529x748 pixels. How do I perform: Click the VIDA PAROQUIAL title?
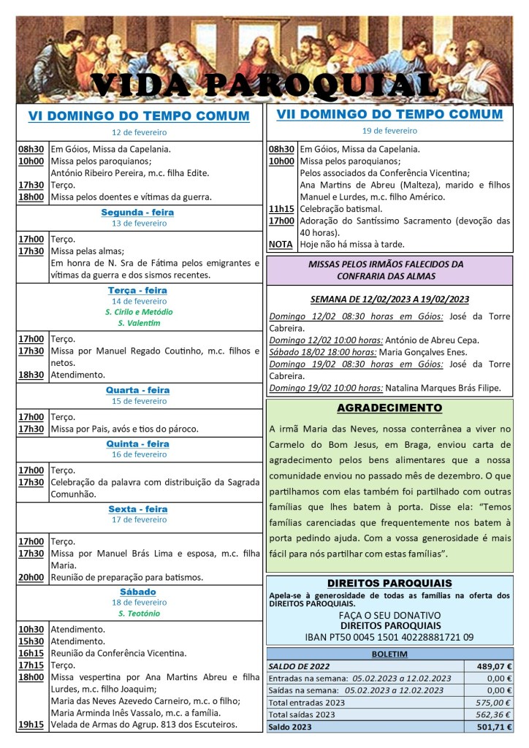pyautogui.click(x=264, y=85)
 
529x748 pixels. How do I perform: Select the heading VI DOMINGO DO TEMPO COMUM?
pyautogui.click(x=139, y=116)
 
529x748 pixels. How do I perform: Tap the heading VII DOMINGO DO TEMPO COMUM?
pyautogui.click(x=389, y=115)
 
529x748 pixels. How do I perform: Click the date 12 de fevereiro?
pyautogui.click(x=139, y=132)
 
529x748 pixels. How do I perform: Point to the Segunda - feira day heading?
pyautogui.click(x=137, y=213)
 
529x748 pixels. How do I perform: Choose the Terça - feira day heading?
pyautogui.click(x=137, y=290)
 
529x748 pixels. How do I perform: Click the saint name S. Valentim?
pyautogui.click(x=138, y=323)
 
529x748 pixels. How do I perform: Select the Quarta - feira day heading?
pyautogui.click(x=137, y=390)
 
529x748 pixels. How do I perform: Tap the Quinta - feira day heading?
pyautogui.click(x=137, y=443)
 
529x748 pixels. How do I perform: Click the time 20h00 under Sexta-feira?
pyautogui.click(x=31, y=577)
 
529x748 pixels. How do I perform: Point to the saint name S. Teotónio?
pyautogui.click(x=139, y=614)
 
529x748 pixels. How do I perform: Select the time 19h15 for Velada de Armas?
pyautogui.click(x=31, y=725)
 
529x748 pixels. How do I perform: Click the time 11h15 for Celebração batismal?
pyautogui.click(x=281, y=208)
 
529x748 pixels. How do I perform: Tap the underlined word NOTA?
pyautogui.click(x=281, y=244)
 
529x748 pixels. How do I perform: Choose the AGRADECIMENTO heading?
pyautogui.click(x=389, y=408)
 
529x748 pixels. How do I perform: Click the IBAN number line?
pyautogui.click(x=389, y=637)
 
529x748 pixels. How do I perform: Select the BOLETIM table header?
pyautogui.click(x=389, y=654)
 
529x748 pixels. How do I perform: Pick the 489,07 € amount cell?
pyautogui.click(x=494, y=666)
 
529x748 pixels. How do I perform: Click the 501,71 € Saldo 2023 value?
pyautogui.click(x=494, y=727)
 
